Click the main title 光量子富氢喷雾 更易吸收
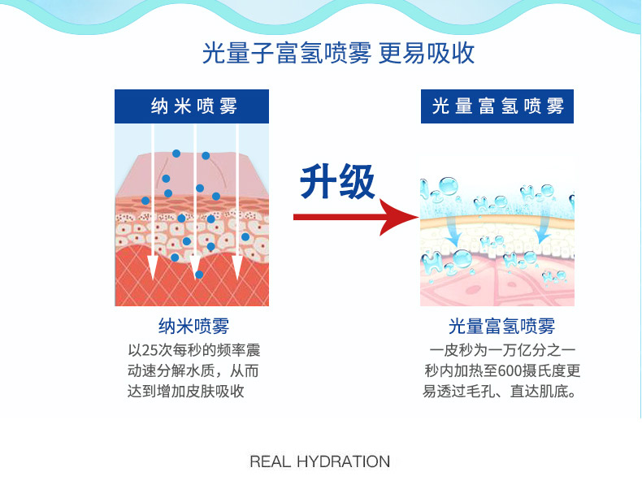pos(338,54)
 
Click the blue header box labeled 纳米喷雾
pos(192,106)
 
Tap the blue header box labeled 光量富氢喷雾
pos(497,106)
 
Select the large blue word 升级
pos(337,182)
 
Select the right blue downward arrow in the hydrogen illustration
pos(543,232)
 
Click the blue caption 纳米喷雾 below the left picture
pos(193,327)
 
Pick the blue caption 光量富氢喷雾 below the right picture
pos(501,327)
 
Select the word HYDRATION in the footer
pos(344,461)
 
